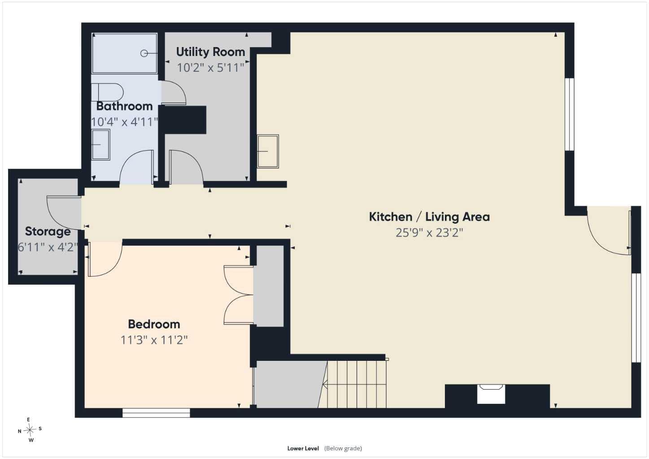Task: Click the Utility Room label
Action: coord(211,52)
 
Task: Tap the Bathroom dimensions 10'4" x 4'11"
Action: coord(124,122)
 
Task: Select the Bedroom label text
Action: coord(154,324)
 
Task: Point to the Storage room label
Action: coord(48,232)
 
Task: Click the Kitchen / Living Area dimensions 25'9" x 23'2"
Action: coord(429,233)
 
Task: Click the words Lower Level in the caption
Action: coord(303,449)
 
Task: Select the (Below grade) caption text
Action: coord(343,449)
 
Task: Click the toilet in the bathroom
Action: coord(107,92)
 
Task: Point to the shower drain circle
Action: coord(144,53)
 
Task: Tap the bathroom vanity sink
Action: coord(101,144)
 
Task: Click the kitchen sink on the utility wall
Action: coord(268,151)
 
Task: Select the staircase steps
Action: coord(353,384)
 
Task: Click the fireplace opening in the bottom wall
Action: coord(491,394)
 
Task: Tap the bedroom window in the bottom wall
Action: coord(156,413)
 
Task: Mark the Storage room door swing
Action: coord(64,213)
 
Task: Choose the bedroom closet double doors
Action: coord(239,295)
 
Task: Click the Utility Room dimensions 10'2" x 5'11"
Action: coord(211,68)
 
